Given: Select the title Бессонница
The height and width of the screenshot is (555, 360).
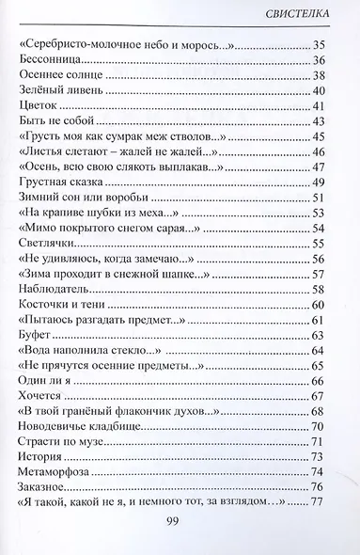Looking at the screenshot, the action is point(48,59).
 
